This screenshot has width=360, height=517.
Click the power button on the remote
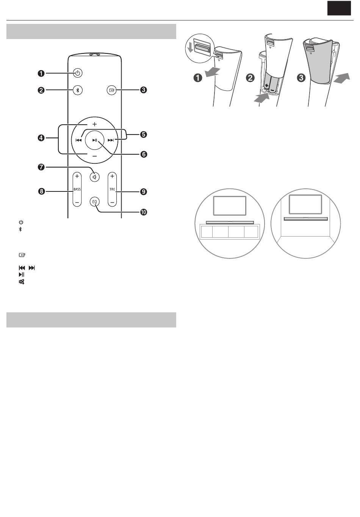pyautogui.click(x=78, y=73)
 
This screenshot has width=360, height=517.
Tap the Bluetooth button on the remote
pyautogui.click(x=78, y=90)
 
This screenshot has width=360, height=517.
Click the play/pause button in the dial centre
pyautogui.click(x=95, y=140)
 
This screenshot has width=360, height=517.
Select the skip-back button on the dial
pyautogui.click(x=79, y=140)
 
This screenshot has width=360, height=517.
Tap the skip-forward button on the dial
pyautogui.click(x=111, y=140)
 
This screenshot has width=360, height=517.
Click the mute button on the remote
pyautogui.click(x=95, y=177)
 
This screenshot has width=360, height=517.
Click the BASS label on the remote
pyautogui.click(x=77, y=189)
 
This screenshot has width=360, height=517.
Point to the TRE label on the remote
pyautogui.click(x=112, y=189)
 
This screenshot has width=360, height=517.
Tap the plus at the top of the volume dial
pyautogui.click(x=95, y=124)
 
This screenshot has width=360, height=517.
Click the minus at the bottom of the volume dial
pyautogui.click(x=95, y=156)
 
